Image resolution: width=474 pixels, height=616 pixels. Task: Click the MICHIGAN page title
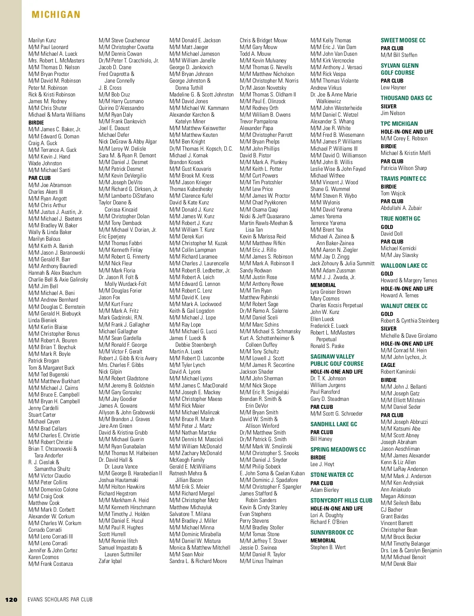pos(56,15)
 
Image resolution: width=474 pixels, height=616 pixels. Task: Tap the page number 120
pos(11,599)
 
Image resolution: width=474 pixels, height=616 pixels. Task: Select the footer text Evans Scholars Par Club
pos(60,599)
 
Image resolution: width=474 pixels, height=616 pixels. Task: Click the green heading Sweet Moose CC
pos(403,40)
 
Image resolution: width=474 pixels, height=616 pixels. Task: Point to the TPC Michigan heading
pos(399,124)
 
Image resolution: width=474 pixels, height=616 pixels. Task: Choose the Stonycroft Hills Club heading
pos(341,501)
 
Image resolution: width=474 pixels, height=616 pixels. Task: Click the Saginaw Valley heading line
pos(332,357)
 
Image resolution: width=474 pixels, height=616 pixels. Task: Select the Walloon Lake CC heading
pos(404,266)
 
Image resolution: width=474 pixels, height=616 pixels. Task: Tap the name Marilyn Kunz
pos(42,40)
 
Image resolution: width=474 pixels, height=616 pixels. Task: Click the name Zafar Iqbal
pos(110,561)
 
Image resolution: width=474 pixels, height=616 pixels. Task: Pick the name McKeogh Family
pos(187,460)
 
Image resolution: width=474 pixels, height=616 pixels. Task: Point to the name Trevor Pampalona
pos(258,121)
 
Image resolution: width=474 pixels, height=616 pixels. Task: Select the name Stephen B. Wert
pos(328,548)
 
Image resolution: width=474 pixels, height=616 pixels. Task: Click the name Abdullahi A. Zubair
pos(401,208)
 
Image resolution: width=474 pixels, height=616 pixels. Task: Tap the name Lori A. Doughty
pos(327,516)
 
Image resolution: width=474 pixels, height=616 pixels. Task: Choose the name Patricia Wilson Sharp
pos(404,168)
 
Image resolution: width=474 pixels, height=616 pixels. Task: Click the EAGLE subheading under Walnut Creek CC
pos(388,365)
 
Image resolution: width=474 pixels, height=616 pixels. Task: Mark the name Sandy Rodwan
pos(256,270)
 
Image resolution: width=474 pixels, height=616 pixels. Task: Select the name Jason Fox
pos(109,297)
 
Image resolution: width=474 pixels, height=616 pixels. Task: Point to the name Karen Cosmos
pos(43,557)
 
